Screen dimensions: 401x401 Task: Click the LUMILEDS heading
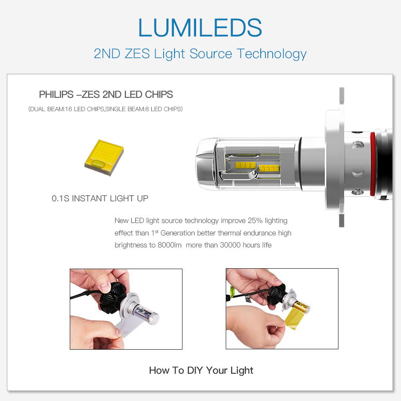pos(200,28)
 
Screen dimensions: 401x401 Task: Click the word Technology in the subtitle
pos(271,54)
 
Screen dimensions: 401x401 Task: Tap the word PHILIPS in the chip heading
pos(56,94)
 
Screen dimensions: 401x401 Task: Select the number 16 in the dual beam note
pos(69,109)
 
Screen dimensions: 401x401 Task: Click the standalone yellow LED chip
pos(104,157)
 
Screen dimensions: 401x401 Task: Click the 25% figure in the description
pos(255,221)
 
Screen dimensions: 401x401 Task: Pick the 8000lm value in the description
pos(170,245)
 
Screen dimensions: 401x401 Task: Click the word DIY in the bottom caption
pos(195,370)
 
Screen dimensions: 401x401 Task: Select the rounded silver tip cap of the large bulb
pos(206,164)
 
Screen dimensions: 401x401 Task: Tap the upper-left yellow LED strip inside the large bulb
pos(245,165)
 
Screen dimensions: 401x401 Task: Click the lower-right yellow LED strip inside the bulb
pos(269,168)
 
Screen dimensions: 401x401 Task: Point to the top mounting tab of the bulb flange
pos(342,99)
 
